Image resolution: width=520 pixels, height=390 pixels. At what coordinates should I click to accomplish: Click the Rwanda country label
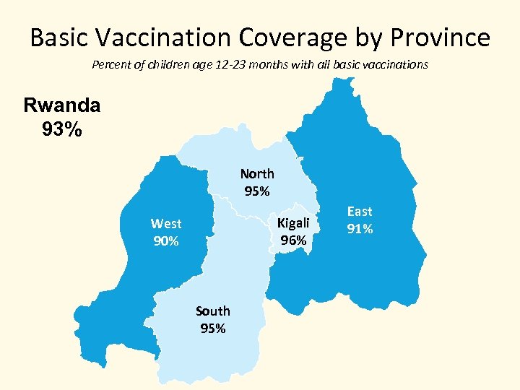pos(62,105)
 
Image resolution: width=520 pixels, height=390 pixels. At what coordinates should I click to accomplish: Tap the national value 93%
pos(62,131)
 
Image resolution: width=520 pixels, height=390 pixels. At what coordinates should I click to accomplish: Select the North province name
pos(257,173)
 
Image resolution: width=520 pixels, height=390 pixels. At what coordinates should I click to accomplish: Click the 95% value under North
pos(257,191)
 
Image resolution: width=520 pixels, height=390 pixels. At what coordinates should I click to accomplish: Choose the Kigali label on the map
pos(293,222)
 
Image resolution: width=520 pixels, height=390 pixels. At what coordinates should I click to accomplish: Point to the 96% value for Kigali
pos(293,240)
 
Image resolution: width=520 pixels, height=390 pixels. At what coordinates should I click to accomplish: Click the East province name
pos(360,211)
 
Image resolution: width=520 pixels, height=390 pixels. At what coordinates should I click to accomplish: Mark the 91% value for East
pos(360,229)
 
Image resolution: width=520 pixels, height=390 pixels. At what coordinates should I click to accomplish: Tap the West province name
pos(166,224)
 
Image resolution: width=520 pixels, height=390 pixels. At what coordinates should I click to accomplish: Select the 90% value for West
pos(166,241)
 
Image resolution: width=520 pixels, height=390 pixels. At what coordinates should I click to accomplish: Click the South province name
pos(213,311)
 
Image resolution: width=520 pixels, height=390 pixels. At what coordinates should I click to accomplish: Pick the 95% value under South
pos(213,329)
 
